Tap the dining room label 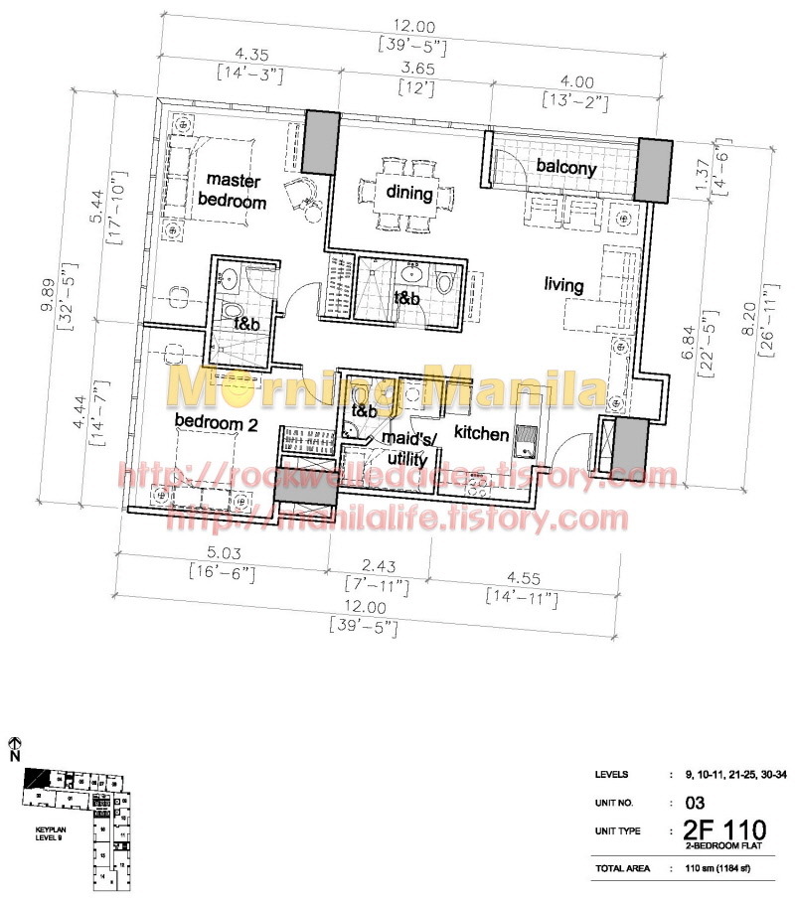408,194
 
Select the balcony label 566,168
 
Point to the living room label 563,285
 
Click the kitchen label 482,434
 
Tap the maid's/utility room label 404,449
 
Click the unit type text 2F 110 724,830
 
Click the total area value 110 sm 722,868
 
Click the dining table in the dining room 408,194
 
